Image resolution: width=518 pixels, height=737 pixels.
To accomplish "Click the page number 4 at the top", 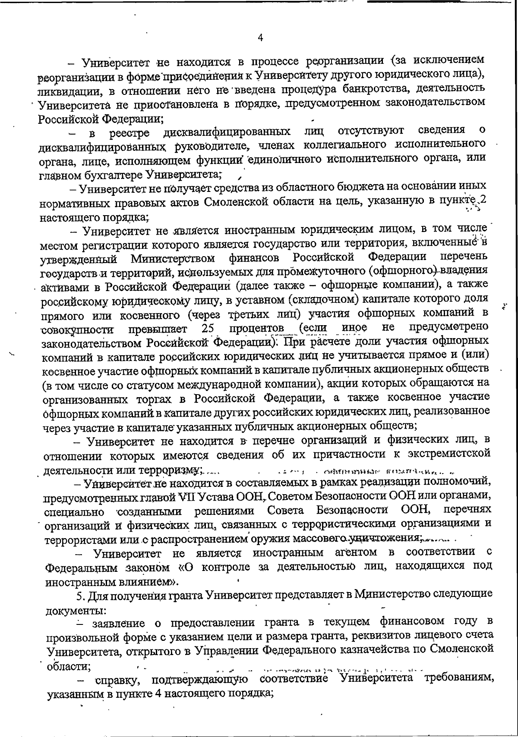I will [260, 38].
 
